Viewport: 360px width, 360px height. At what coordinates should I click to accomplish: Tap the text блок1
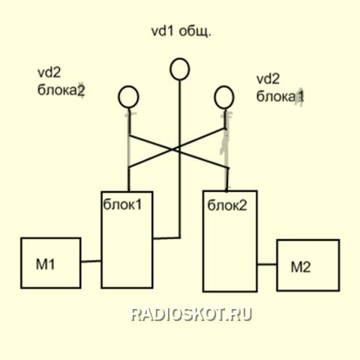[122, 205]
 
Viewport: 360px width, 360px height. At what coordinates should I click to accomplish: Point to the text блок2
[227, 205]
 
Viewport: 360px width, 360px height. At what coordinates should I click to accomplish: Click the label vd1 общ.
[181, 31]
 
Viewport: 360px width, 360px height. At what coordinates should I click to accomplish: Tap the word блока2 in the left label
[61, 90]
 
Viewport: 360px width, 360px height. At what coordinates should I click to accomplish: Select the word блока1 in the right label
[280, 96]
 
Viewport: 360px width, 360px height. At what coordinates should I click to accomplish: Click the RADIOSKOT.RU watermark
[191, 315]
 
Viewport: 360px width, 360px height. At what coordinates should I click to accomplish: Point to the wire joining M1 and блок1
[91, 262]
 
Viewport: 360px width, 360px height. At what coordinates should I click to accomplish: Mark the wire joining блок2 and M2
[267, 264]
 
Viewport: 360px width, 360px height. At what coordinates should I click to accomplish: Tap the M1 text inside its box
[46, 265]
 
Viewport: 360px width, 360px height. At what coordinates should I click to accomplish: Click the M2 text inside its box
[301, 267]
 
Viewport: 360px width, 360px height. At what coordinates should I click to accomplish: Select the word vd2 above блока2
[49, 73]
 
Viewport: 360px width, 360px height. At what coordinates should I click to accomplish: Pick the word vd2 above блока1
[268, 79]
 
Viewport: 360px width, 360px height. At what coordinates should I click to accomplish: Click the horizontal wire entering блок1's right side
[166, 238]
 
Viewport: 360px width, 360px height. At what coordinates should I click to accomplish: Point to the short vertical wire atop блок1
[129, 179]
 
